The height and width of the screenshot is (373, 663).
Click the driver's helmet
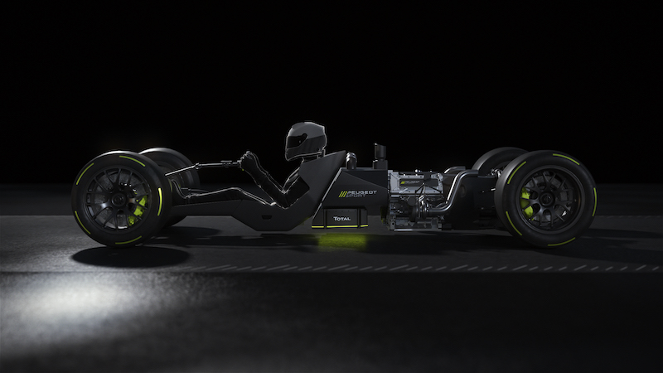coord(305,141)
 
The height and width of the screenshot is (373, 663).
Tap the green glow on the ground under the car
coord(341,240)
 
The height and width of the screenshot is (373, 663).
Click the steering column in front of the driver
coord(211,165)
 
